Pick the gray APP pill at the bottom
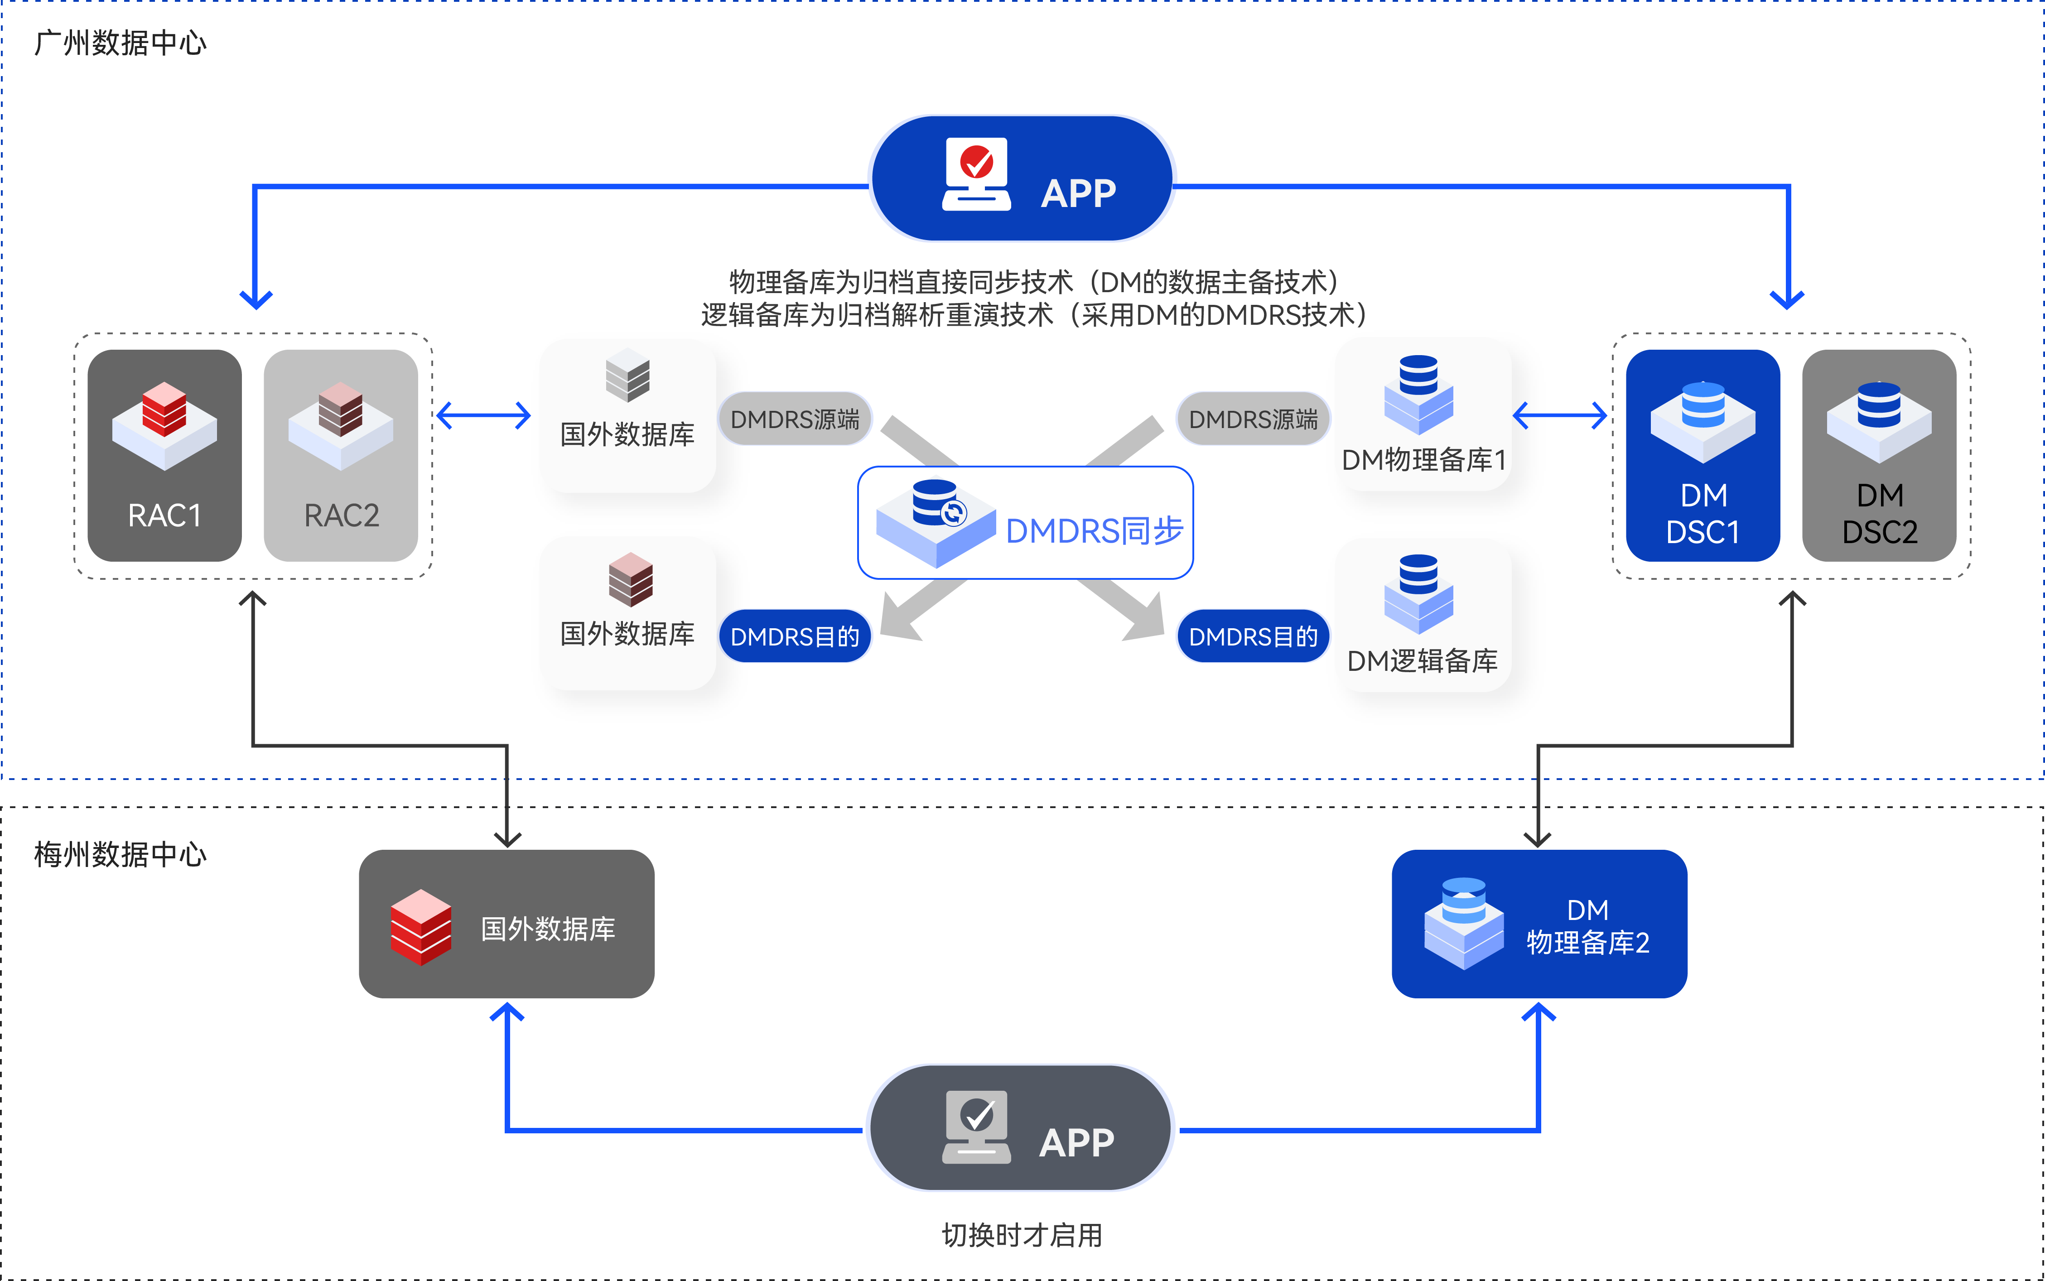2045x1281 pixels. [1020, 1127]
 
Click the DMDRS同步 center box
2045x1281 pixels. [1025, 523]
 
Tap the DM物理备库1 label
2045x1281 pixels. [1423, 460]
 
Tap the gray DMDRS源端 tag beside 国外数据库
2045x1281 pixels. [795, 419]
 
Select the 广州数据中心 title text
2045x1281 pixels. [121, 43]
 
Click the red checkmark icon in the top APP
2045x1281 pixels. [977, 161]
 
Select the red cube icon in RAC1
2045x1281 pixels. [164, 409]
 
